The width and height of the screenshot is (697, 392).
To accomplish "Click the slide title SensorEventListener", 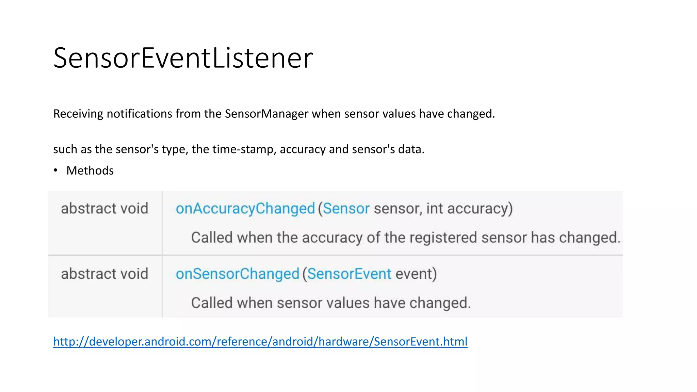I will tap(183, 58).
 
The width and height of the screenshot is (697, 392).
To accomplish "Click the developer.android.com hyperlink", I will tap(260, 341).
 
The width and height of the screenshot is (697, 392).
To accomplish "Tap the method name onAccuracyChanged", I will tap(245, 209).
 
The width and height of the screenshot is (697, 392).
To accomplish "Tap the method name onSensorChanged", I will tap(237, 274).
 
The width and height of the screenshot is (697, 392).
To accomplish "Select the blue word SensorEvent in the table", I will tap(349, 274).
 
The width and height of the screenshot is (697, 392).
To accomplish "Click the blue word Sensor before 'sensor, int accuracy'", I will tap(346, 209).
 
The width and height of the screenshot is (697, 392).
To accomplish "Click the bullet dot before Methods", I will tap(55, 170).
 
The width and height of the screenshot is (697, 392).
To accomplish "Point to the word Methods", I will tap(90, 170).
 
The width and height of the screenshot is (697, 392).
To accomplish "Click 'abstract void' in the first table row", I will tap(104, 209).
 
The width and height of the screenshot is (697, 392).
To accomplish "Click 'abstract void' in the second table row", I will tap(104, 274).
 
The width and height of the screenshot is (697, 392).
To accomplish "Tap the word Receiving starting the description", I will tap(78, 114).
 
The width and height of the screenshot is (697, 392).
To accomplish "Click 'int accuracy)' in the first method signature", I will tap(469, 209).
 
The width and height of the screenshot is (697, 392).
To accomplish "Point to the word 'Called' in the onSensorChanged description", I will tap(212, 303).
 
